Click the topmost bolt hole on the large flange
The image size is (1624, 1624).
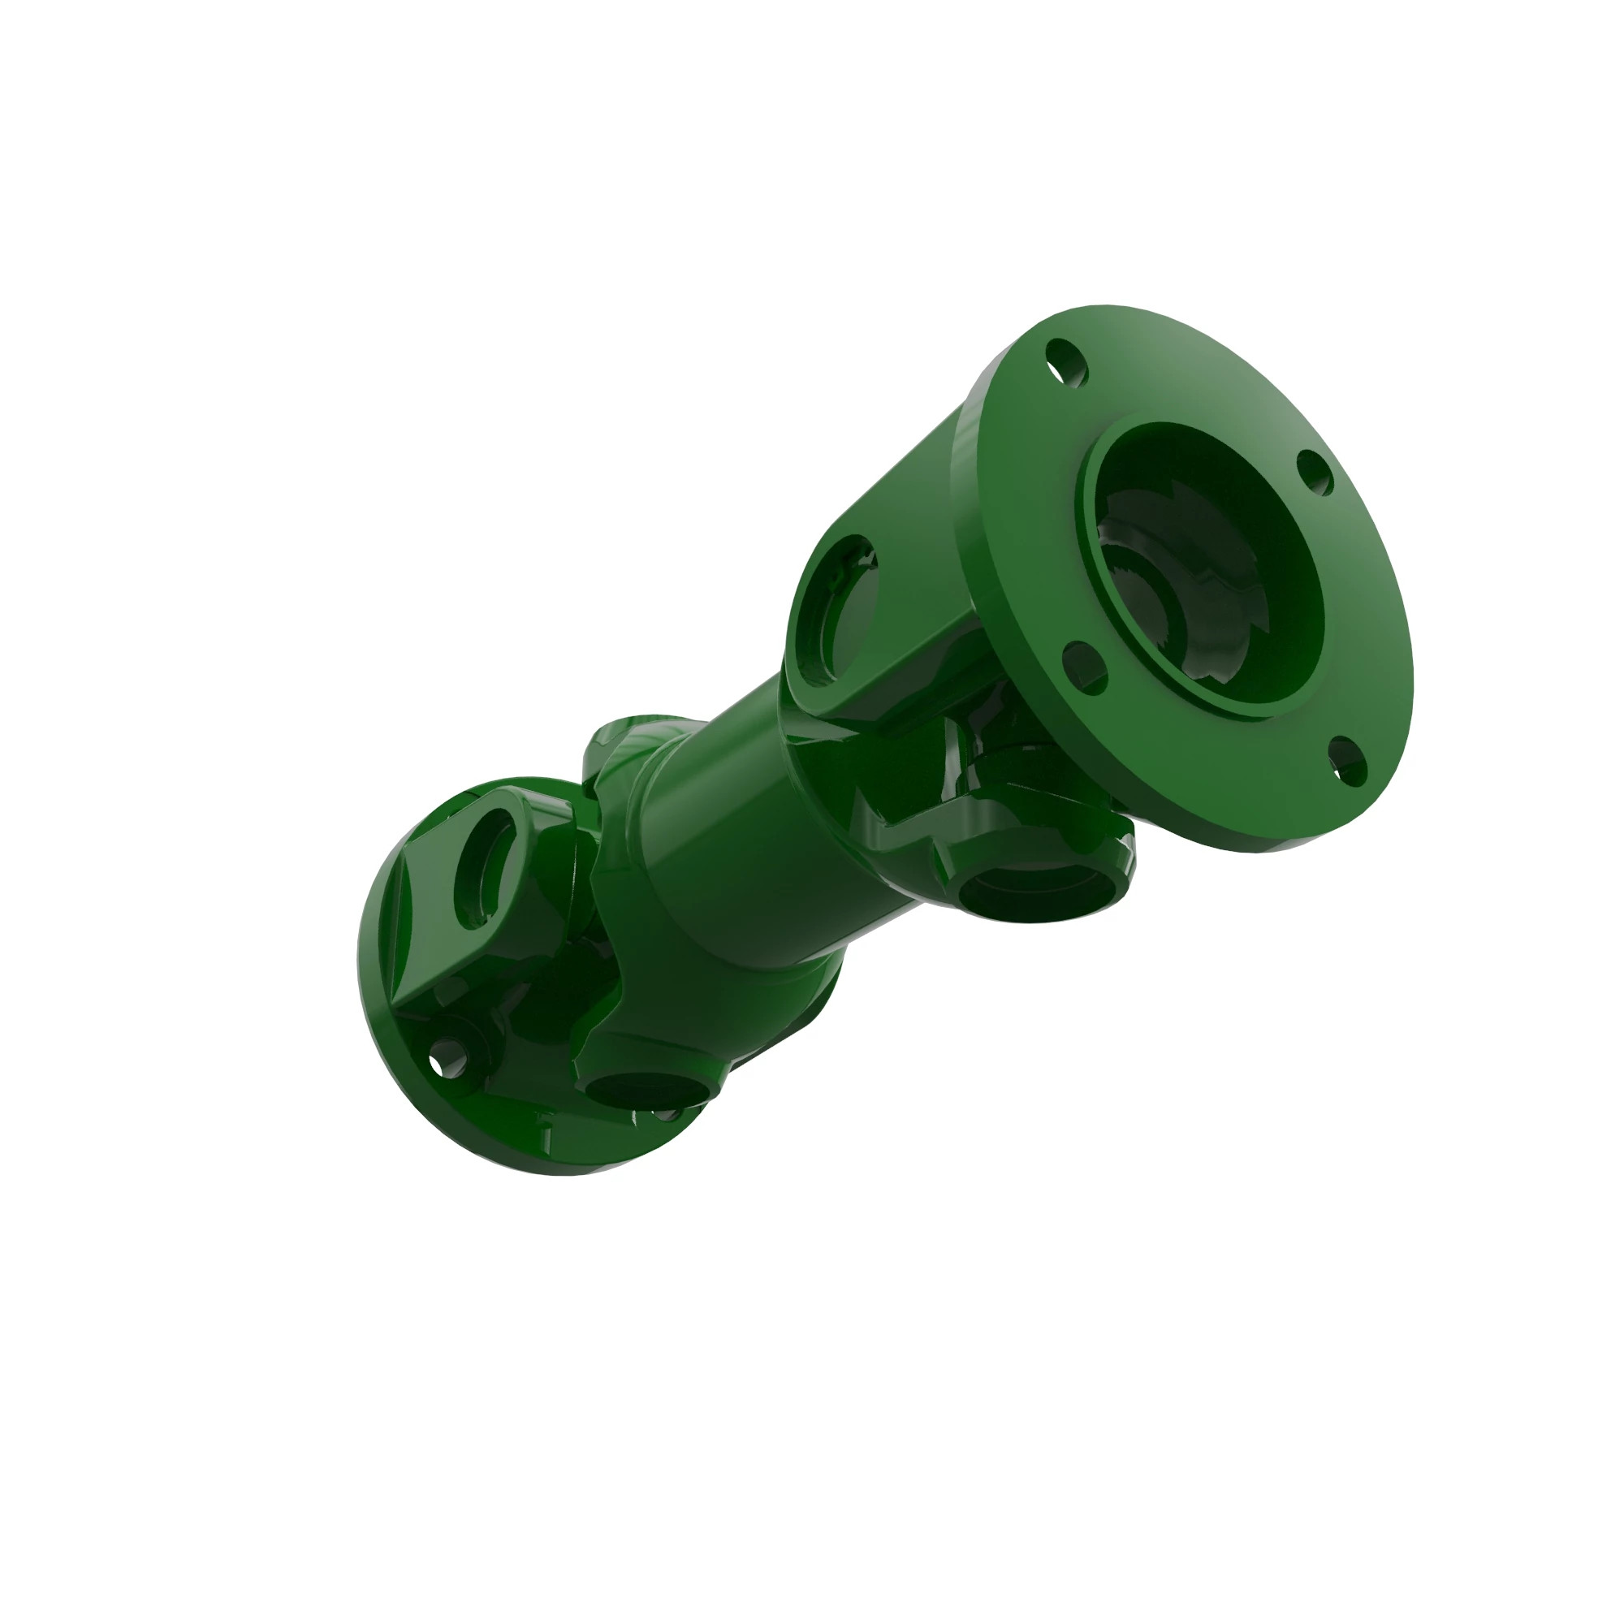(x=1066, y=363)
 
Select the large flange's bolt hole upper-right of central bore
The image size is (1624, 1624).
(x=1315, y=473)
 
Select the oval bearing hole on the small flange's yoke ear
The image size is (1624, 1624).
(x=486, y=865)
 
